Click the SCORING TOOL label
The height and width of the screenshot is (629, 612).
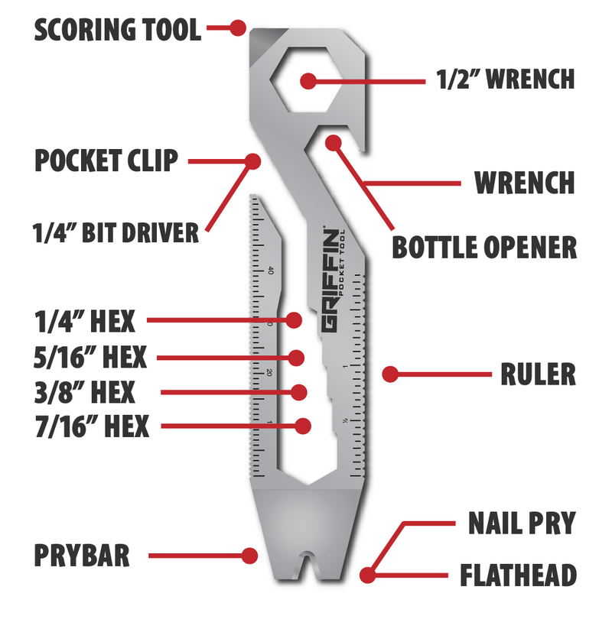[x=117, y=29]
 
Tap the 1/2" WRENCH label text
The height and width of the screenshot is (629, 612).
[x=506, y=79]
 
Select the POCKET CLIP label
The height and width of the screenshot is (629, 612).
[x=106, y=160]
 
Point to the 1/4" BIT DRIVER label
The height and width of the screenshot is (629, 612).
[x=116, y=232]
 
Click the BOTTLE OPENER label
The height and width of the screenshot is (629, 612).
[x=484, y=247]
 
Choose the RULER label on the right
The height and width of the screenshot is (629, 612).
[x=538, y=374]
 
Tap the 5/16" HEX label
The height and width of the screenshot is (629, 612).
[x=90, y=357]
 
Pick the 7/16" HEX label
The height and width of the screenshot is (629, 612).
[x=92, y=426]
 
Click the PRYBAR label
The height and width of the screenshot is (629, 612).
[x=82, y=555]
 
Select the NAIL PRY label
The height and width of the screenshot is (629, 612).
[x=522, y=523]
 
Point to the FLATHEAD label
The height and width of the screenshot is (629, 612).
[x=518, y=575]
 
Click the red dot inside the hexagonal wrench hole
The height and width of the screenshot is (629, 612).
[x=308, y=81]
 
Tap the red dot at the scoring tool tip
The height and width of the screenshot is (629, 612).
[x=238, y=28]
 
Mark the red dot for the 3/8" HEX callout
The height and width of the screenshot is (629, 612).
[x=299, y=392]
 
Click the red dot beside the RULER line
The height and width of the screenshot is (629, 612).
[x=390, y=374]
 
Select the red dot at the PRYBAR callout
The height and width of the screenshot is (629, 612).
[x=249, y=556]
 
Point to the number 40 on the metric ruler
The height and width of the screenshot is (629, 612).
[x=270, y=271]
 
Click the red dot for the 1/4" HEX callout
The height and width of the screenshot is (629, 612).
[x=294, y=320]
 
